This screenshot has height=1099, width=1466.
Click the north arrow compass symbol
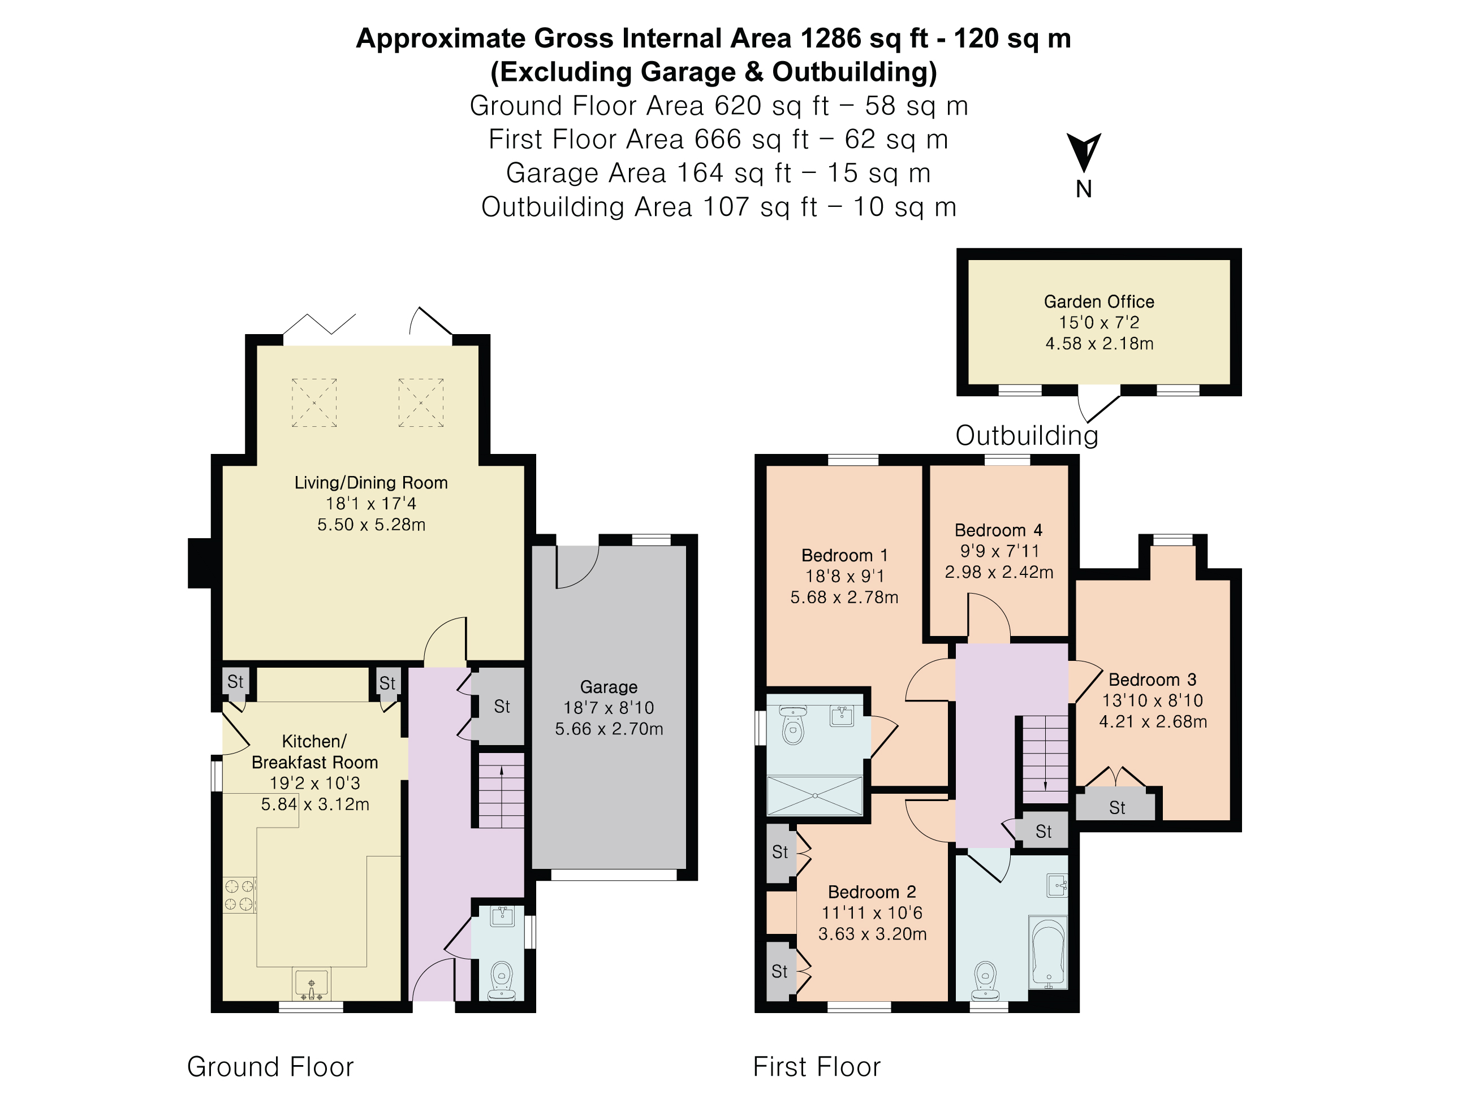coord(1083,153)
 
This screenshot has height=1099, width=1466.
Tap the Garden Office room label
coord(1099,302)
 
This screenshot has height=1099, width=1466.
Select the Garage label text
coord(609,687)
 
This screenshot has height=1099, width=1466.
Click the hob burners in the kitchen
coord(239,895)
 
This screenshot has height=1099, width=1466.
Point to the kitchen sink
coord(312,984)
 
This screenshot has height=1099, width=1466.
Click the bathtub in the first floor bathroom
coord(1048,953)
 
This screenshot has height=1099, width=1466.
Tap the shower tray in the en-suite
coord(815,795)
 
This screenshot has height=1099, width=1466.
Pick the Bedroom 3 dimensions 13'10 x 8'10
coord(1153,700)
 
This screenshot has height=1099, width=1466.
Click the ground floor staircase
coord(501,790)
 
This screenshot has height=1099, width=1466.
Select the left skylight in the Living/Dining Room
coord(314,403)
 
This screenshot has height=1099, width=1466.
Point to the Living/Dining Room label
coord(371,483)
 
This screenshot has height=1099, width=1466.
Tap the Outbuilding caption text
coord(1027,435)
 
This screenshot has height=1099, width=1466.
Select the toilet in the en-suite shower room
coord(792,726)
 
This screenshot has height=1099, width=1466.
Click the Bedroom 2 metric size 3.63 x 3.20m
coord(872,934)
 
